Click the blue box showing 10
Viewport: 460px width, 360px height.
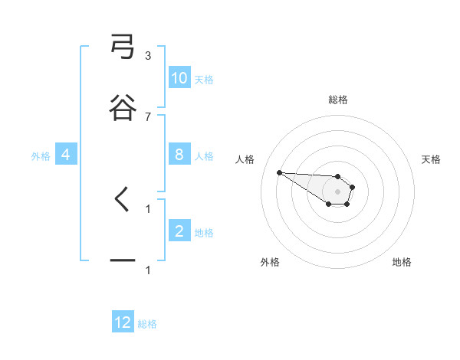click(179, 78)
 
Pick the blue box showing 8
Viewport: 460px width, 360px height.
click(179, 155)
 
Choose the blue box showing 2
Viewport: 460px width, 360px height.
click(179, 231)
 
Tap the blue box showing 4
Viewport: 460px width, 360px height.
click(66, 155)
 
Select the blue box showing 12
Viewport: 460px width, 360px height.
click(123, 322)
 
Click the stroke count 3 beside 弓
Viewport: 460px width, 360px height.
click(148, 56)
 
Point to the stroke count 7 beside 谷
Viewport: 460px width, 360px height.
click(148, 116)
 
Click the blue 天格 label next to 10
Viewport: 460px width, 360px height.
click(204, 79)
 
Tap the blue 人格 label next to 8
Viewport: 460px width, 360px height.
click(204, 155)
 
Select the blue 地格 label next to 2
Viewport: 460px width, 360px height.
click(204, 232)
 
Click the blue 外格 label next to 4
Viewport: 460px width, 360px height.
click(41, 155)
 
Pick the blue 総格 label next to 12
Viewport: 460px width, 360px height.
click(147, 323)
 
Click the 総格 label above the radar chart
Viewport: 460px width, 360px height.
click(337, 100)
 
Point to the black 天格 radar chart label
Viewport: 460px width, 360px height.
click(431, 159)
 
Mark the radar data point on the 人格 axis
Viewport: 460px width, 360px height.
click(279, 172)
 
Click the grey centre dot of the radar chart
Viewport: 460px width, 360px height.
click(337, 191)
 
